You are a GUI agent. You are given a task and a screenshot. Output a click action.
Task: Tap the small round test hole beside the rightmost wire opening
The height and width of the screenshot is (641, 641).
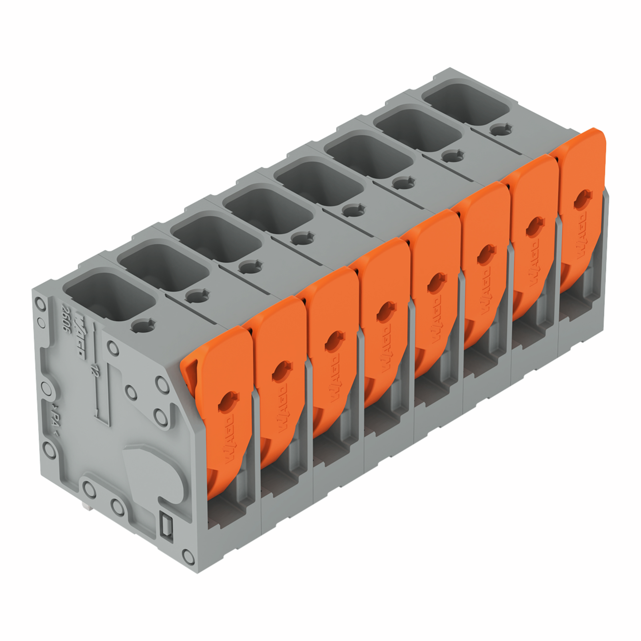pos(501,129)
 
